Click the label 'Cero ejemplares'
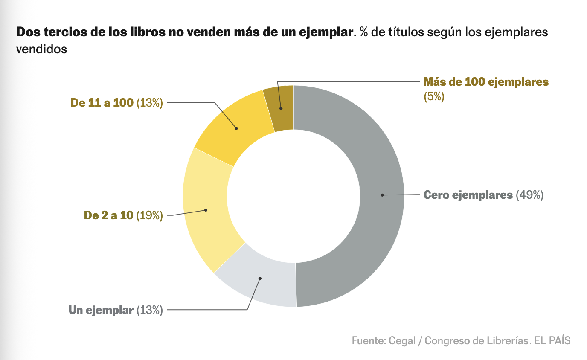point(468,195)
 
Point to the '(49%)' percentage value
point(529,195)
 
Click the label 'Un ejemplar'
point(101,310)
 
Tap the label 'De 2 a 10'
point(109,215)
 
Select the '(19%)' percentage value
point(150,215)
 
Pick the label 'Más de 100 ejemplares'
point(486,82)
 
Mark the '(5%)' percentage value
point(434,96)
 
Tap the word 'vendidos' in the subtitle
point(41,49)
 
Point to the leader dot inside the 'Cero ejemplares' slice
point(382,195)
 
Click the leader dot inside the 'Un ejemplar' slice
point(260,279)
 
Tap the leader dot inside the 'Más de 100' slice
point(281,108)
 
